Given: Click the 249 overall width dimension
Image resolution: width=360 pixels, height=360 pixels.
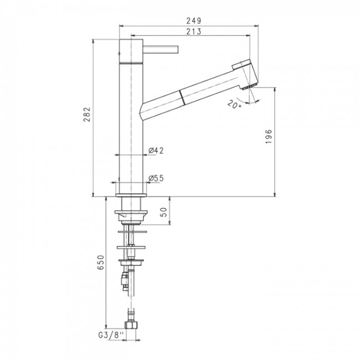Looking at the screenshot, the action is point(193,21).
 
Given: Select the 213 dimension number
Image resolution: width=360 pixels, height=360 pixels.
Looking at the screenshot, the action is point(193,31).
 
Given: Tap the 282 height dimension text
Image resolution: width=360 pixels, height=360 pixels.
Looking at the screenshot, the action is point(87,114).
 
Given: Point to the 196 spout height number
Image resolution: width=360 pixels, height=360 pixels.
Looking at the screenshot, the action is point(269,136).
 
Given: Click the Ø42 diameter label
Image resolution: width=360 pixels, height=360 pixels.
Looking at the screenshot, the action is point(156,151).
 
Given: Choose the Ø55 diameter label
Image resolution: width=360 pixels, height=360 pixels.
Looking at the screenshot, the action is point(156,178).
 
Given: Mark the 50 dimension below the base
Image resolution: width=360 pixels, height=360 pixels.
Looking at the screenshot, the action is point(163,212).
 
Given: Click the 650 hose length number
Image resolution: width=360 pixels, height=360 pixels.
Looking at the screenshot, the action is point(101,262).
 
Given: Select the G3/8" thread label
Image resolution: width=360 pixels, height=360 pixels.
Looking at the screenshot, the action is point(111,336).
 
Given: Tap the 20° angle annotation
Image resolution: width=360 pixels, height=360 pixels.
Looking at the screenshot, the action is point(234,105).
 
